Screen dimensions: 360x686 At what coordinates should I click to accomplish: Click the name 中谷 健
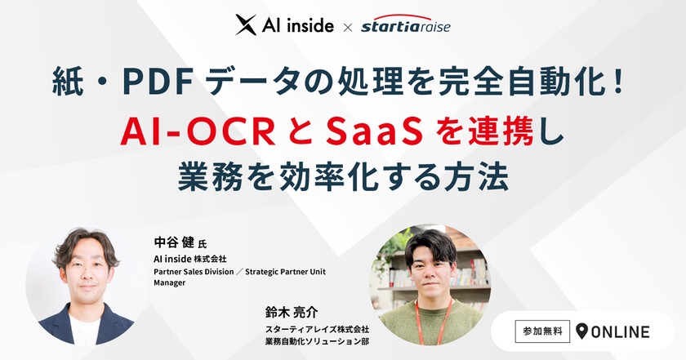(175, 243)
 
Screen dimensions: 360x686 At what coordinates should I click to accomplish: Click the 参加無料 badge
(541, 331)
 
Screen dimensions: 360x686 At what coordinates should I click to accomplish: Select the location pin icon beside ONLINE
(581, 331)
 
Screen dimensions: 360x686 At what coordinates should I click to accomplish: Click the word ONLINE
(621, 332)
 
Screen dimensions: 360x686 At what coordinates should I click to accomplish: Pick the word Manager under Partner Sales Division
(170, 282)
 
